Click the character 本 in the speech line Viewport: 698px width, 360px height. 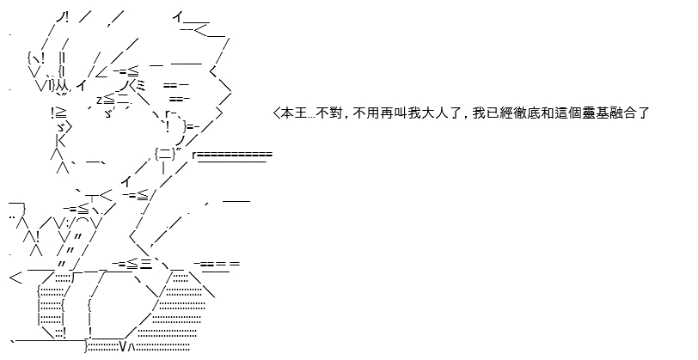click(x=288, y=113)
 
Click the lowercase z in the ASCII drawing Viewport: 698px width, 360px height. click(x=99, y=99)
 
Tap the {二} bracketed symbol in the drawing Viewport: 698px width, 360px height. click(x=165, y=154)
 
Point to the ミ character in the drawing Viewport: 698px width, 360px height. click(x=140, y=85)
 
